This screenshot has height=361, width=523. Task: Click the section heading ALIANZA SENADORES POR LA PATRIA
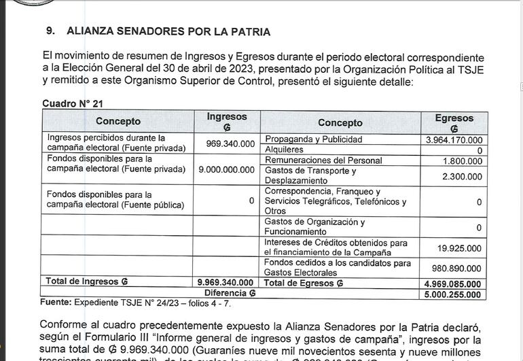(x=168, y=31)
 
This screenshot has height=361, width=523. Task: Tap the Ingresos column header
(x=227, y=122)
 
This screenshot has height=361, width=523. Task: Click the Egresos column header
(x=454, y=122)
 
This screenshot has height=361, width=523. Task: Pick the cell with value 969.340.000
(x=230, y=143)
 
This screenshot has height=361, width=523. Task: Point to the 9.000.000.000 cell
(x=226, y=169)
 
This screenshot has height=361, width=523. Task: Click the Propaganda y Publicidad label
(x=313, y=139)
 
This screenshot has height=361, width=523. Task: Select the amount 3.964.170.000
(x=454, y=139)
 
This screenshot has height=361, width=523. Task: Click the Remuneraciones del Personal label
(x=323, y=160)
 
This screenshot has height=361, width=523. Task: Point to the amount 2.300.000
(x=462, y=176)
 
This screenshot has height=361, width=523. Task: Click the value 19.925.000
(x=459, y=248)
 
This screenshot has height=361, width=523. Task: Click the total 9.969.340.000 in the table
(x=226, y=282)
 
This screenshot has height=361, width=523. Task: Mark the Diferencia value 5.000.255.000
(x=452, y=294)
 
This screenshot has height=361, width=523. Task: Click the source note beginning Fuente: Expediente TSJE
(x=135, y=302)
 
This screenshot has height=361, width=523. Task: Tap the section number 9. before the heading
(x=50, y=31)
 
